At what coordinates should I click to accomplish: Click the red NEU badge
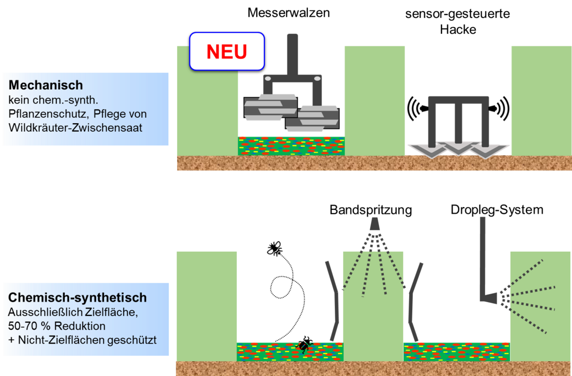coord(227,52)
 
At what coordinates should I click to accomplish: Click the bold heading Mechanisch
coord(46,85)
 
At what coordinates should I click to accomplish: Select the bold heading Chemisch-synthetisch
coord(77,298)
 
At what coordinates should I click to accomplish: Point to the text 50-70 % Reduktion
coord(57,326)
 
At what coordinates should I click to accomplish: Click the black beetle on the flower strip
coord(304,347)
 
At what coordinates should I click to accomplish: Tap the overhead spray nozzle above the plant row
coord(375,225)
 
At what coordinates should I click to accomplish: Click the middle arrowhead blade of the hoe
coord(458,149)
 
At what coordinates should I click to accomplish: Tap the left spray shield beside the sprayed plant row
coord(334,300)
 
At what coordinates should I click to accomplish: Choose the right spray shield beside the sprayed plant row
coord(414,300)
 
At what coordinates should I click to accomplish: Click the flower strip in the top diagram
coord(291,146)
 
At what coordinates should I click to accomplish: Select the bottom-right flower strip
coord(456,351)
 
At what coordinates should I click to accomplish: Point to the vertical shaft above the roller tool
coord(292,53)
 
